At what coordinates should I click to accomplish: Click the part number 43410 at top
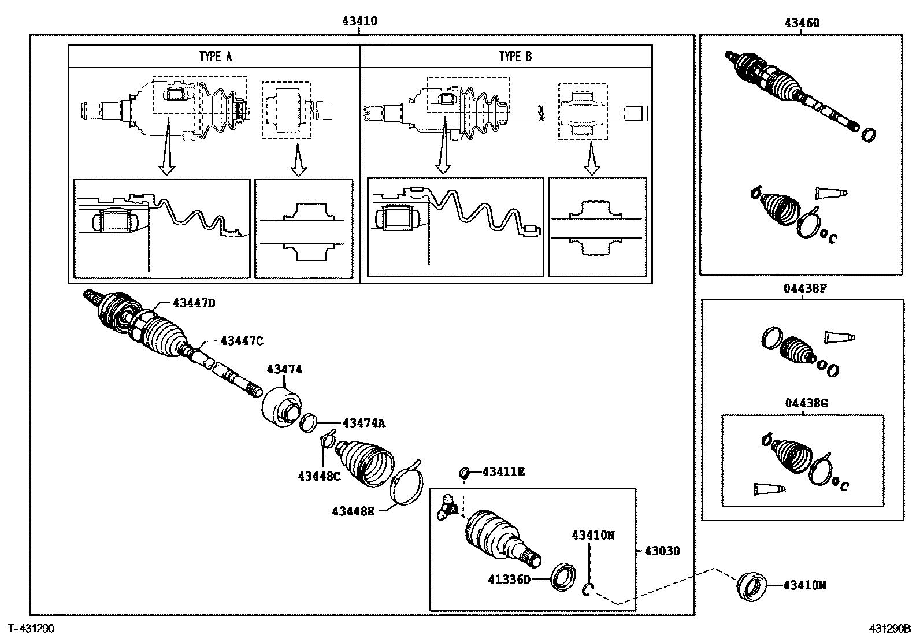pyautogui.click(x=359, y=21)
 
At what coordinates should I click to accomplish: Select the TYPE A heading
pyautogui.click(x=215, y=56)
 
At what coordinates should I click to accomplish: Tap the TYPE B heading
pyautogui.click(x=515, y=56)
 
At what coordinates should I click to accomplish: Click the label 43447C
pyautogui.click(x=241, y=341)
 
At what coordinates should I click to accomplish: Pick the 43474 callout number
pyautogui.click(x=284, y=369)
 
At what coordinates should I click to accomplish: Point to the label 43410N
pyautogui.click(x=593, y=535)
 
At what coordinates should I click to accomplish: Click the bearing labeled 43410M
pyautogui.click(x=751, y=585)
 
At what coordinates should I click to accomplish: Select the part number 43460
pyautogui.click(x=802, y=23)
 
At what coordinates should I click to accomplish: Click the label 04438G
pyautogui.click(x=806, y=403)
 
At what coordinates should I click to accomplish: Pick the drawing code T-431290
pyautogui.click(x=31, y=627)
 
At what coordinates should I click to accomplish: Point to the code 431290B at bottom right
pyautogui.click(x=890, y=627)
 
